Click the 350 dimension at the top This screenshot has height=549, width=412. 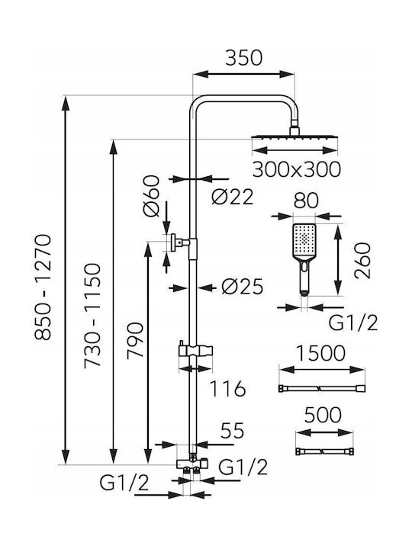tap(243, 58)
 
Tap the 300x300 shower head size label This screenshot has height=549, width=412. tap(296, 169)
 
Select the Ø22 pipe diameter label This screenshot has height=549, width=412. tap(232, 197)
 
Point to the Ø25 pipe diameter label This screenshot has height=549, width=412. tap(242, 287)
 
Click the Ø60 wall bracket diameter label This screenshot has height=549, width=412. tap(151, 196)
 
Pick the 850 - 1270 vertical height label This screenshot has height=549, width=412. tap(43, 287)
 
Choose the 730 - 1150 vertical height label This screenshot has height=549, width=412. tap(92, 316)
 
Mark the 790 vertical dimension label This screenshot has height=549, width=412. tap(135, 340)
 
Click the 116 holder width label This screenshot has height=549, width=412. tap(227, 389)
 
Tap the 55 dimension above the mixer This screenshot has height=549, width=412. tap(232, 431)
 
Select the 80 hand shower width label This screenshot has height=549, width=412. tap(306, 201)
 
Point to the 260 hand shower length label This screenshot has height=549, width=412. tap(362, 261)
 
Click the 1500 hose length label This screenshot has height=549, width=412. tap(321, 354)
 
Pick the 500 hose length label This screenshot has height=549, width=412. tap(323, 415)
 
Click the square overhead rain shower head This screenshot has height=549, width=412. tap(295, 136)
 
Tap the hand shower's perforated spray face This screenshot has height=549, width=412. tap(304, 239)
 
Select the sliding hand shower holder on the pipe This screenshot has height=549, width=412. tap(196, 351)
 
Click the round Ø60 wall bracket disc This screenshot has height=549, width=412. tap(173, 242)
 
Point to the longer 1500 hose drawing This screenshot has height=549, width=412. tap(322, 389)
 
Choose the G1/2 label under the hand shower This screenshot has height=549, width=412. tap(353, 323)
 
